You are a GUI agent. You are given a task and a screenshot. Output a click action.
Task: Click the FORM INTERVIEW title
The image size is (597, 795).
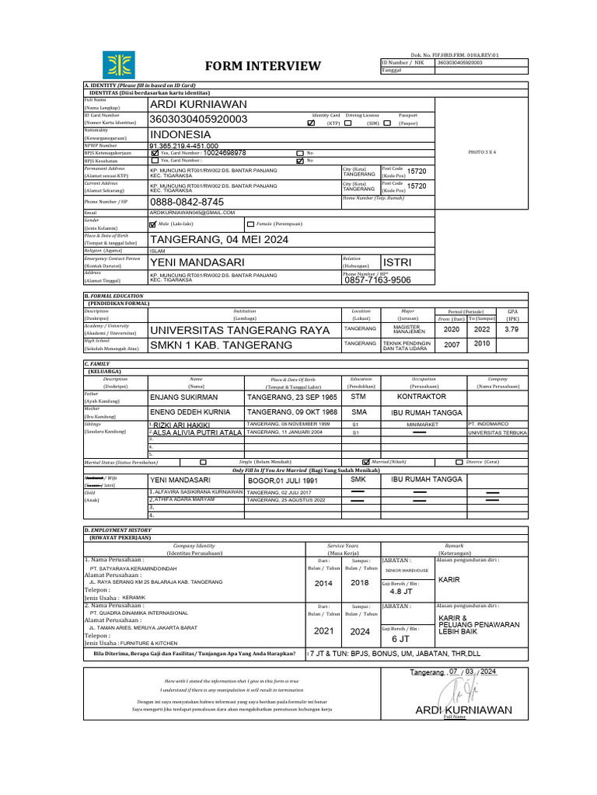pyautogui.click(x=262, y=65)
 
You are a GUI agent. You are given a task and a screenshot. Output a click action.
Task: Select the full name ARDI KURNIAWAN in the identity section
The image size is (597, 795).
pyautogui.click(x=198, y=104)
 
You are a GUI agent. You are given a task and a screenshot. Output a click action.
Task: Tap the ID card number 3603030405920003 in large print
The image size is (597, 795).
pyautogui.click(x=198, y=119)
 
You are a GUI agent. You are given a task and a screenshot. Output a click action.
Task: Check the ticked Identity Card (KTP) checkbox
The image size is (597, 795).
pyautogui.click(x=311, y=123)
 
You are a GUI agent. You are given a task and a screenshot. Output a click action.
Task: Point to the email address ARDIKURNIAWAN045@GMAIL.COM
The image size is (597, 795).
pyautogui.click(x=192, y=212)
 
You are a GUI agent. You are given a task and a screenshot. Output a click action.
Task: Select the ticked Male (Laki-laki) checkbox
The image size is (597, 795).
pyautogui.click(x=152, y=223)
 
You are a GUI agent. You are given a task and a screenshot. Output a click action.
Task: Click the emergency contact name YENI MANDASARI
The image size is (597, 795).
pyautogui.click(x=197, y=262)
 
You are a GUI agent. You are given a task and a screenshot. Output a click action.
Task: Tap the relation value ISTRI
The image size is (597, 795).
pyautogui.click(x=397, y=262)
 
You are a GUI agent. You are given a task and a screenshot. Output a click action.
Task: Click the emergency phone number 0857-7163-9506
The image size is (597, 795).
pyautogui.click(x=378, y=280)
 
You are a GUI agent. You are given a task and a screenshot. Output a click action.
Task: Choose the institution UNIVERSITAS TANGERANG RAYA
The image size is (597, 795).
pyautogui.click(x=239, y=330)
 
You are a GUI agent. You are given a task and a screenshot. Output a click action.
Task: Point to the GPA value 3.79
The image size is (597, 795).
pyautogui.click(x=511, y=329)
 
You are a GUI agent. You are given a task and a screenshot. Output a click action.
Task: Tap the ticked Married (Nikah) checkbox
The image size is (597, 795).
pyautogui.click(x=366, y=461)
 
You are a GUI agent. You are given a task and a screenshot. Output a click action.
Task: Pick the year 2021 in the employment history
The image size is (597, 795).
pyautogui.click(x=323, y=631)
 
